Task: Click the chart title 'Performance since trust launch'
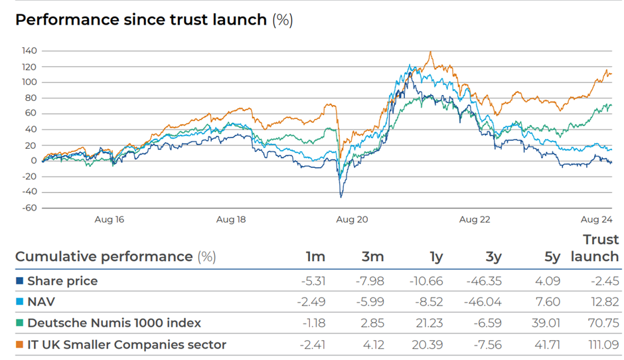click(x=141, y=19)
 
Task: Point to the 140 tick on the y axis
click(x=29, y=50)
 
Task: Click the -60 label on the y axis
click(x=29, y=208)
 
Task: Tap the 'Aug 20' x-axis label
click(x=352, y=219)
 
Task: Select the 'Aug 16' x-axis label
click(x=109, y=219)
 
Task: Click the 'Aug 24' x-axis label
click(x=596, y=219)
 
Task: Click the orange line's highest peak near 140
click(x=430, y=52)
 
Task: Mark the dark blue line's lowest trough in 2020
click(x=341, y=197)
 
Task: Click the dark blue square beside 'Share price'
click(x=19, y=281)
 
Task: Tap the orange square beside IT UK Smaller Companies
click(x=19, y=344)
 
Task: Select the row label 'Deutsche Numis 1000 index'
click(x=114, y=323)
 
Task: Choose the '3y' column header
click(x=493, y=257)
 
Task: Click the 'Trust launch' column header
click(x=595, y=248)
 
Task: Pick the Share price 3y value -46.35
click(x=484, y=281)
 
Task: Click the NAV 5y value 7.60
click(x=548, y=302)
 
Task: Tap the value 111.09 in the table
click(x=603, y=344)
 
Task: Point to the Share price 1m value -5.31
click(x=313, y=281)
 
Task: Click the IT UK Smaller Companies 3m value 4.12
click(x=373, y=344)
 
